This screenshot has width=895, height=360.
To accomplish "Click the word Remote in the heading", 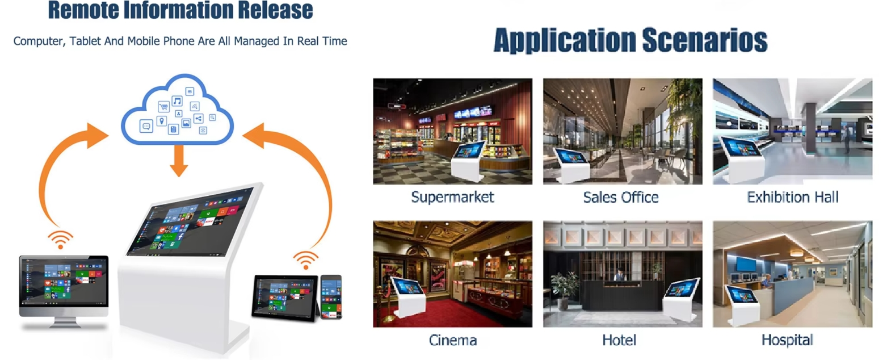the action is (x=83, y=10).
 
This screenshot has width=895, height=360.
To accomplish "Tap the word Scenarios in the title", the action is (x=705, y=40).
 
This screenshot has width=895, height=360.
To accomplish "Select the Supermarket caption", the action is (x=452, y=198).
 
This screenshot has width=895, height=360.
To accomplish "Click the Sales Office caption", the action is (x=621, y=198).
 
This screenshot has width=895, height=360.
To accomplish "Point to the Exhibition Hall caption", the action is (x=793, y=197).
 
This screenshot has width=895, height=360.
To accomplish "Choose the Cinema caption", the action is (x=453, y=341).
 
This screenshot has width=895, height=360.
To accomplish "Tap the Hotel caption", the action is (x=619, y=341).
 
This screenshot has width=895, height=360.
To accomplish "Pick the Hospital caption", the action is (x=788, y=341).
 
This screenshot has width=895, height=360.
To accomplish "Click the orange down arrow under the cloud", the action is (x=179, y=161).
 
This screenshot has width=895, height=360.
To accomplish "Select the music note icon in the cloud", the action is (x=177, y=101).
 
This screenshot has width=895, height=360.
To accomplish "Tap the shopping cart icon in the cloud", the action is (x=164, y=107).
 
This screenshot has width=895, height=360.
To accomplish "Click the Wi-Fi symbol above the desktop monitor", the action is (x=61, y=240).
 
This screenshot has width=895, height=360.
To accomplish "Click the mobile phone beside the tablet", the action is (x=331, y=297).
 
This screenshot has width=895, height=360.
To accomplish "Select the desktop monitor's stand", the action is (x=64, y=323).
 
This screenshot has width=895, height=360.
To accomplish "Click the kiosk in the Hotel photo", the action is (x=681, y=300).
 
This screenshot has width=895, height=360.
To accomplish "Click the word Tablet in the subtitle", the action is (x=85, y=41).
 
